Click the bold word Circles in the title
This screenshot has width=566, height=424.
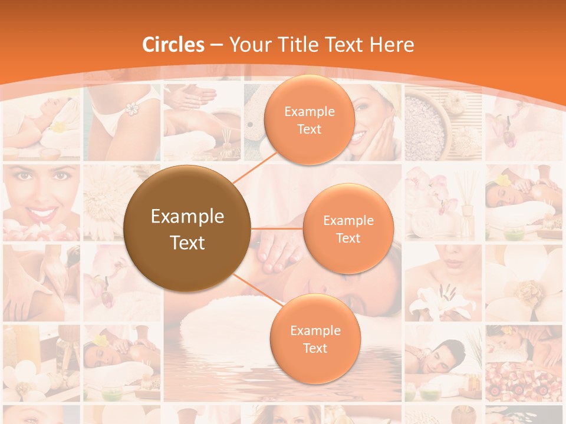173,45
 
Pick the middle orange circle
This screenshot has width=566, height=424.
348,228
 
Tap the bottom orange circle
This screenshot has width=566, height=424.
315,339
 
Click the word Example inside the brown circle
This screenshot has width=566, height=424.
187,217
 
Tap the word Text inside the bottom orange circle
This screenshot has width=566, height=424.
315,348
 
